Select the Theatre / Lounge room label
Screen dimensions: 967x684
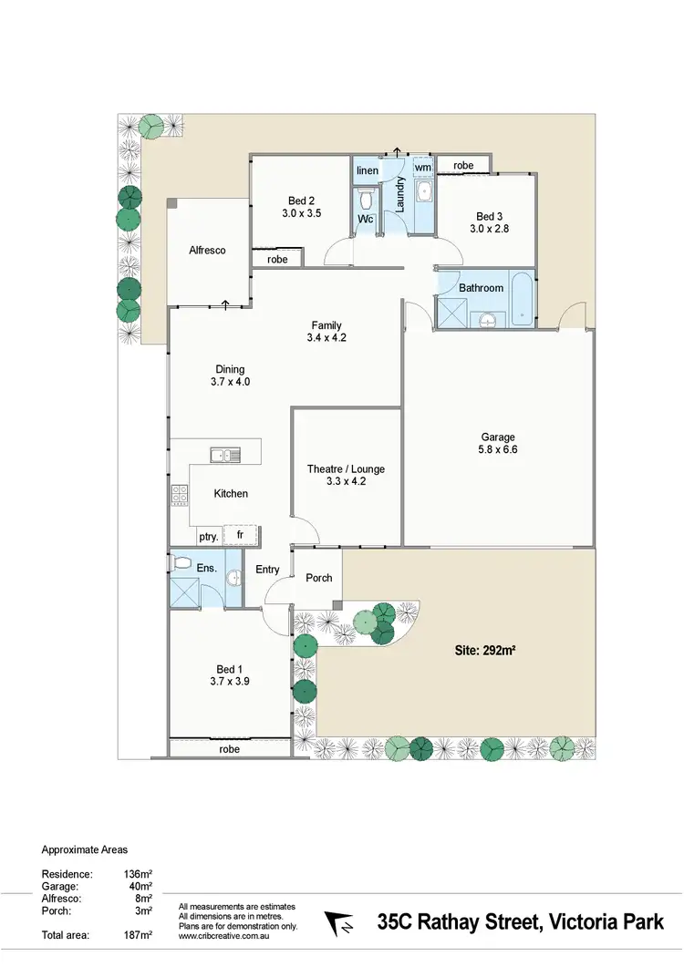pyautogui.click(x=346, y=469)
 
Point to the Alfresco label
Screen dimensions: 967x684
pyautogui.click(x=207, y=250)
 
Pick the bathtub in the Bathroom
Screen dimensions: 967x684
pyautogui.click(x=521, y=300)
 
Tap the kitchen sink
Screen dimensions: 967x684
pyautogui.click(x=224, y=454)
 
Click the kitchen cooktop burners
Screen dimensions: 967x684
pyautogui.click(x=179, y=495)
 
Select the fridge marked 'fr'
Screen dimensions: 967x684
pyautogui.click(x=241, y=536)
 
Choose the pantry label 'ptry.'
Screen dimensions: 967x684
pyautogui.click(x=208, y=537)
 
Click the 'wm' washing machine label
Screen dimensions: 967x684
pyautogui.click(x=422, y=168)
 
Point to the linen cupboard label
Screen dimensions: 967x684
pyautogui.click(x=367, y=170)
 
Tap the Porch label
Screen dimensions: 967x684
pyautogui.click(x=319, y=578)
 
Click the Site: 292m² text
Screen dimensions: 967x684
pyautogui.click(x=485, y=651)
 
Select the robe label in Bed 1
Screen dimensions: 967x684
pyautogui.click(x=229, y=748)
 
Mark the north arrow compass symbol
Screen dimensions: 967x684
pyautogui.click(x=339, y=922)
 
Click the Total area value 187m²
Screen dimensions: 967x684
pyautogui.click(x=138, y=935)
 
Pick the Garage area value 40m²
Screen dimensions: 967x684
pyautogui.click(x=140, y=886)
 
